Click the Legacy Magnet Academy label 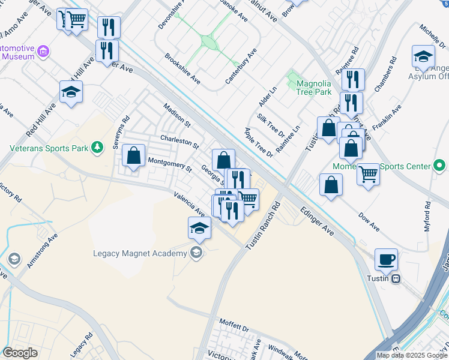(x=140, y=253)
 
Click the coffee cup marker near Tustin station (x=386, y=259)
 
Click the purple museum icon (x=43, y=52)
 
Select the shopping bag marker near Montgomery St (x=134, y=156)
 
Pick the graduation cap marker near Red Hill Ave (x=71, y=92)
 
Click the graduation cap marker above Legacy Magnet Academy (x=200, y=227)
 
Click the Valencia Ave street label (x=190, y=204)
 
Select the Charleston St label (x=179, y=142)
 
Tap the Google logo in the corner (x=20, y=353)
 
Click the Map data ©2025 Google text (x=411, y=355)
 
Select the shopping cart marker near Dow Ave (x=368, y=175)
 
